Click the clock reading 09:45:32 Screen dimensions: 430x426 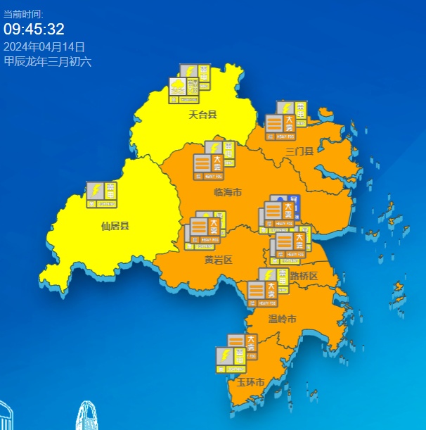(x=34, y=29)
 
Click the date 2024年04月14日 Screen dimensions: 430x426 (x=44, y=46)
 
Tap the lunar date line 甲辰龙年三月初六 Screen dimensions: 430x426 (x=48, y=61)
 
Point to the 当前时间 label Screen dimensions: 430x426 (x=23, y=13)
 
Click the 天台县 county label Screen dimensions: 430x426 (x=202, y=114)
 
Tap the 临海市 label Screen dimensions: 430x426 (x=227, y=192)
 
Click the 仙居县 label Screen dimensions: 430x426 (x=115, y=226)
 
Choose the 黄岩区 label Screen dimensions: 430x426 (x=218, y=260)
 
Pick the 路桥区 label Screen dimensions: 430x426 (x=304, y=276)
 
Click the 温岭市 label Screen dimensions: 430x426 (x=283, y=320)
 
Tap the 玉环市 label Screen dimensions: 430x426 (x=250, y=383)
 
